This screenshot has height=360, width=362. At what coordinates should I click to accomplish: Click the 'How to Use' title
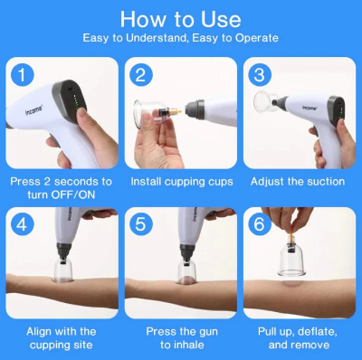[181, 19]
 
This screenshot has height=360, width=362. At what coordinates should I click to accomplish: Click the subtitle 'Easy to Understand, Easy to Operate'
[181, 38]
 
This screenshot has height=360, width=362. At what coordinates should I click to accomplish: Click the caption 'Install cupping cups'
[181, 181]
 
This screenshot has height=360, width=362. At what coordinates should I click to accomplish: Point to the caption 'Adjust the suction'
[300, 181]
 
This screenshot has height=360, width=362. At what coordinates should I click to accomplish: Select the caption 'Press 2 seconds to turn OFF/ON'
[62, 188]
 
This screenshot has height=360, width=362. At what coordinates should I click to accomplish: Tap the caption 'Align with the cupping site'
[62, 338]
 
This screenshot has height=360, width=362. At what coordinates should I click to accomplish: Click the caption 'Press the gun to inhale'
[181, 338]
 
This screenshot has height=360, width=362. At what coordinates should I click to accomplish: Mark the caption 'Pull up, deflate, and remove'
[300, 338]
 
